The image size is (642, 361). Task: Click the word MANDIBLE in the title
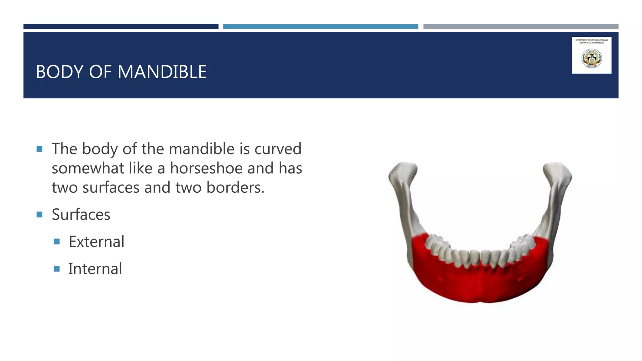point(162,72)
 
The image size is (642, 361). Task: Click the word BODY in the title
point(60,72)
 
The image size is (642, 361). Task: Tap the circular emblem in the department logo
point(592,59)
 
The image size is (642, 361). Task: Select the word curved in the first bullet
point(278,149)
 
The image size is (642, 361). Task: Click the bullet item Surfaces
point(81,215)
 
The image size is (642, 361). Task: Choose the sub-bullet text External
point(97,242)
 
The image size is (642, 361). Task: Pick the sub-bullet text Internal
point(95,269)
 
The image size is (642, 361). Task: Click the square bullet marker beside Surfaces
point(39,215)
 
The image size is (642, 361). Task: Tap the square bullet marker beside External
point(57,242)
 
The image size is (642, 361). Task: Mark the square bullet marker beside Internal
point(57,269)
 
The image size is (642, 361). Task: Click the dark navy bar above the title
point(121,27)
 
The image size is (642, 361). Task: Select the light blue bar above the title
point(320,27)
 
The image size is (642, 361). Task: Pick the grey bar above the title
point(521,27)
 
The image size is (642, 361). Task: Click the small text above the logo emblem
point(592,41)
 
